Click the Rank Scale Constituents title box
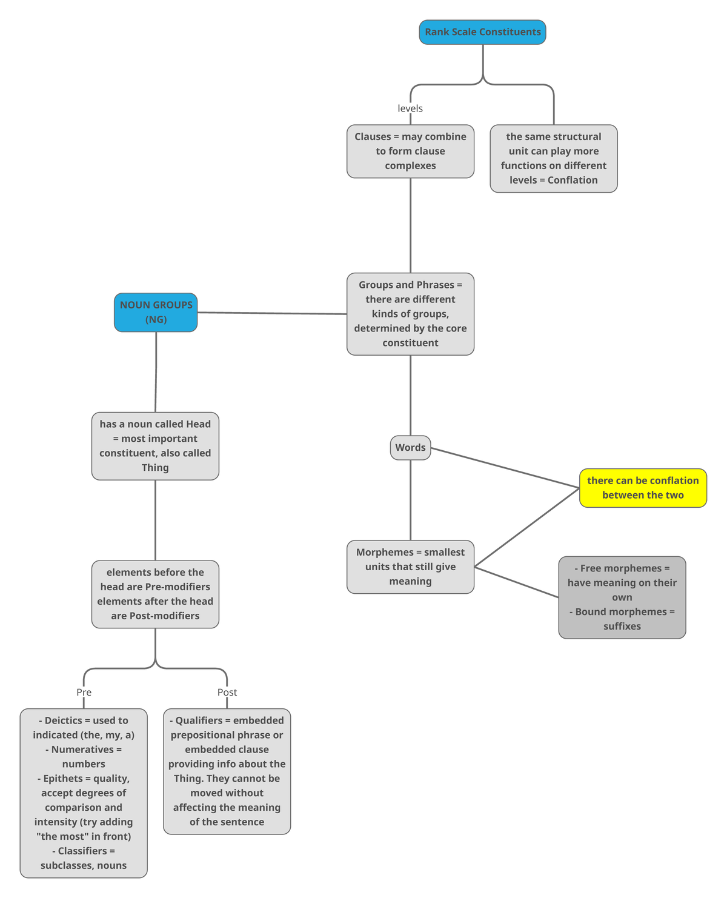pyautogui.click(x=482, y=32)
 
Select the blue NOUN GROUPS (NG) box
pyautogui.click(x=156, y=312)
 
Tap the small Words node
pyautogui.click(x=410, y=448)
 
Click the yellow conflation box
pyautogui.click(x=643, y=488)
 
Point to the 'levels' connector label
pyautogui.click(x=410, y=108)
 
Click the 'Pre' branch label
pyautogui.click(x=84, y=692)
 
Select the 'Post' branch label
pyautogui.click(x=227, y=692)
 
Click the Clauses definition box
pyautogui.click(x=410, y=151)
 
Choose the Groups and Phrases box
pyautogui.click(x=410, y=314)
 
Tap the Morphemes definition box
pyautogui.click(x=410, y=567)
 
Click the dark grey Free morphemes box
pyautogui.click(x=622, y=597)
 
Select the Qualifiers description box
pyautogui.click(x=227, y=771)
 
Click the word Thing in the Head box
pyautogui.click(x=155, y=468)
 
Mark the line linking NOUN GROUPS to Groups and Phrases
pyautogui.click(x=273, y=313)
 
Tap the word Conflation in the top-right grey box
pyautogui.click(x=573, y=180)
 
